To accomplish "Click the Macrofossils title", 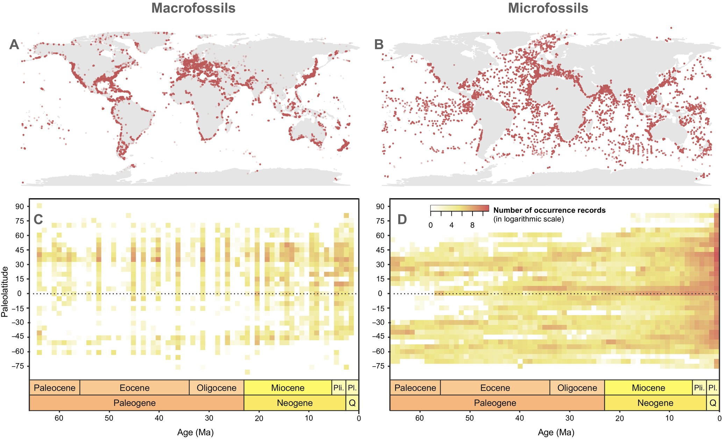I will pyautogui.click(x=193, y=8).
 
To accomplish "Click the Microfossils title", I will pyautogui.click(x=548, y=8).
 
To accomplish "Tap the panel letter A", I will pyautogui.click(x=14, y=44).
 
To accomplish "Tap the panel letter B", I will pyautogui.click(x=379, y=44).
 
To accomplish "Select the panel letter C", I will pyautogui.click(x=38, y=219).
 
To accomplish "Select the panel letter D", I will pyautogui.click(x=402, y=219).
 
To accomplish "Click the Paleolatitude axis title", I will pyautogui.click(x=5, y=291).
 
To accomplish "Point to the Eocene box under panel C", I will pyautogui.click(x=134, y=388).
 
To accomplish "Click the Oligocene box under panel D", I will pyautogui.click(x=577, y=388).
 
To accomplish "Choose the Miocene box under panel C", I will pyautogui.click(x=287, y=388).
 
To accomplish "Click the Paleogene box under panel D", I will pyautogui.click(x=495, y=403).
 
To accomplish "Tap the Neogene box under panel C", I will pyautogui.click(x=294, y=403).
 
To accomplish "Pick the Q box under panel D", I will pyautogui.click(x=713, y=403).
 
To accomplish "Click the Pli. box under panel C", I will pyautogui.click(x=338, y=388).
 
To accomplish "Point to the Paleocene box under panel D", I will pyautogui.click(x=415, y=388).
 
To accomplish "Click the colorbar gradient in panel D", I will pyautogui.click(x=459, y=208).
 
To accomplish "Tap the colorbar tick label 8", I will pyautogui.click(x=472, y=225).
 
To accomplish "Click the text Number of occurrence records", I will pyautogui.click(x=549, y=210).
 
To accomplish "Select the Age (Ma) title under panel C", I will pyautogui.click(x=195, y=433).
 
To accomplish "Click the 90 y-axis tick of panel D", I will pyautogui.click(x=380, y=207).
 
